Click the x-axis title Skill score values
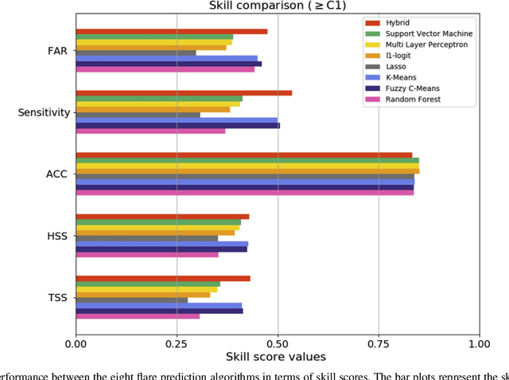(x=277, y=356)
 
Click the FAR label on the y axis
(x=57, y=51)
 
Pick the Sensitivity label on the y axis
(x=44, y=113)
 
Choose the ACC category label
(x=57, y=174)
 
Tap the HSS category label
(x=57, y=237)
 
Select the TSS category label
(x=57, y=298)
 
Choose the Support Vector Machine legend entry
(x=429, y=34)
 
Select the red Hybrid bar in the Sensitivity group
(x=184, y=92)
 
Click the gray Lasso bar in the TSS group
(x=131, y=300)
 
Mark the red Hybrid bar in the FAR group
(x=171, y=31)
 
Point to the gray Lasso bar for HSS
(x=146, y=238)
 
